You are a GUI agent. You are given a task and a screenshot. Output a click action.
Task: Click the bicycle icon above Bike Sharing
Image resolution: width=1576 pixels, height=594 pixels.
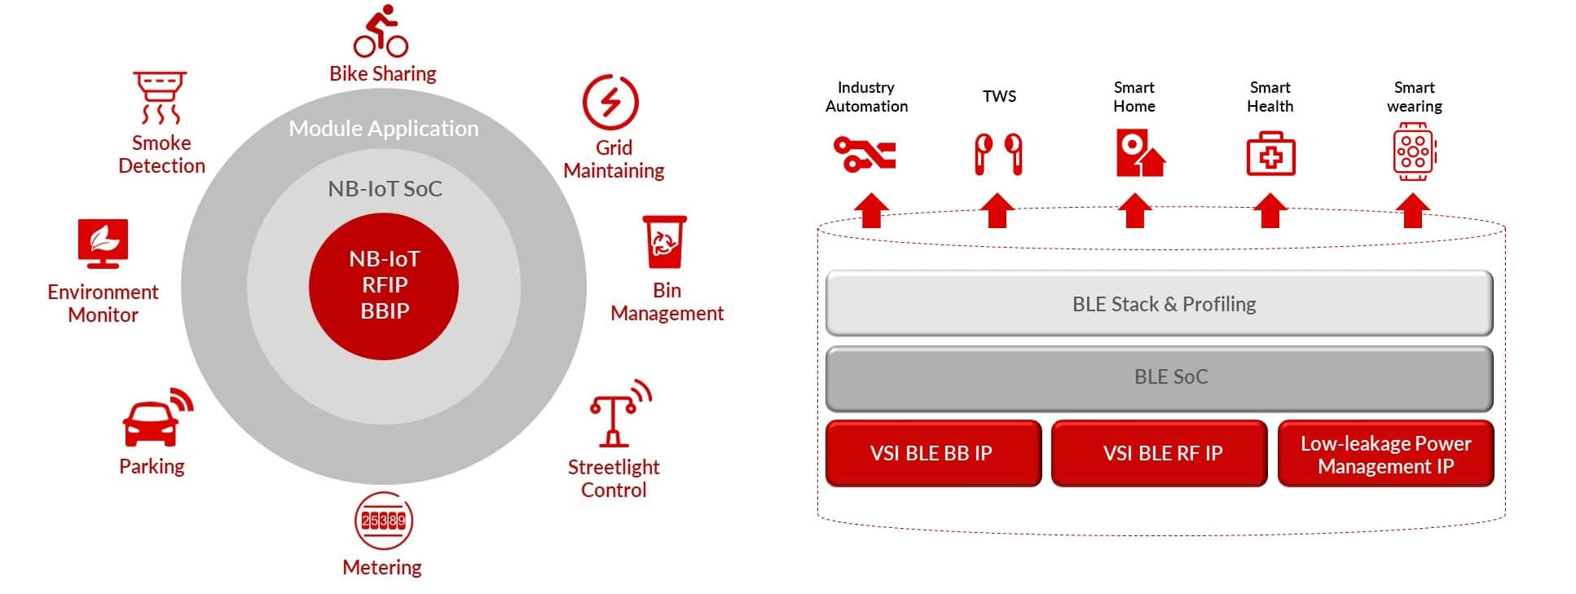(x=381, y=32)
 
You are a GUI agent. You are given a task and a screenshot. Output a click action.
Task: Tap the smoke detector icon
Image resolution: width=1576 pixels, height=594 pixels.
(x=160, y=97)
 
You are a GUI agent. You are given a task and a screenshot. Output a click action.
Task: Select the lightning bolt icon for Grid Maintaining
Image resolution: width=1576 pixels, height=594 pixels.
(x=610, y=103)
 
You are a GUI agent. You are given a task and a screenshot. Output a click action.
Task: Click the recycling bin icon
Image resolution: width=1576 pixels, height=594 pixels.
(x=664, y=241)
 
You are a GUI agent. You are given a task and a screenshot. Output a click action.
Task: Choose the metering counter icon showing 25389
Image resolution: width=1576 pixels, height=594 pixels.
(x=383, y=521)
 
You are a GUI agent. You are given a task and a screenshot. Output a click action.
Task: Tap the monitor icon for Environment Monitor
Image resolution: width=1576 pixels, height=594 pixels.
(x=103, y=243)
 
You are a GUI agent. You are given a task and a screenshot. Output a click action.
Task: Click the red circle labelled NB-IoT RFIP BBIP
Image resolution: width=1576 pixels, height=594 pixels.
(x=384, y=285)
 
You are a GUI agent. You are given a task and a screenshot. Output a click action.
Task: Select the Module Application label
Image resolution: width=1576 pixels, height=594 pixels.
(x=384, y=129)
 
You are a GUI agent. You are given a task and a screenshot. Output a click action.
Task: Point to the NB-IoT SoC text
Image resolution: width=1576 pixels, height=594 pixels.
(x=385, y=189)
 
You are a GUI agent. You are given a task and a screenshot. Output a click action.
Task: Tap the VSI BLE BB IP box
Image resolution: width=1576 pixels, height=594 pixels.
(x=933, y=453)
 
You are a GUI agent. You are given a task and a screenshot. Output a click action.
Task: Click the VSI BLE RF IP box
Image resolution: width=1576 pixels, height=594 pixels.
(x=1159, y=453)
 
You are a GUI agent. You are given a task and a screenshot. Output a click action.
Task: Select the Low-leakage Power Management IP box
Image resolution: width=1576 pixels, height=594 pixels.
(x=1385, y=454)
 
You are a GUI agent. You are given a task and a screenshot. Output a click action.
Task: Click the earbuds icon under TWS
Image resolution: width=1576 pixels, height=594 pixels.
(x=998, y=153)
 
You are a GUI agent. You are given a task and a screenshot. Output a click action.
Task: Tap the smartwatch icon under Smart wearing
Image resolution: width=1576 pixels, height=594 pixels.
(x=1414, y=152)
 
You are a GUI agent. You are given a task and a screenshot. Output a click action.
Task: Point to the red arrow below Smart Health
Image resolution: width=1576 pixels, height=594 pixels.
(x=1270, y=210)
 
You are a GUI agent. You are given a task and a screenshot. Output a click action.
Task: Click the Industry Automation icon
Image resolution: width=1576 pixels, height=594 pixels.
(x=865, y=153)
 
